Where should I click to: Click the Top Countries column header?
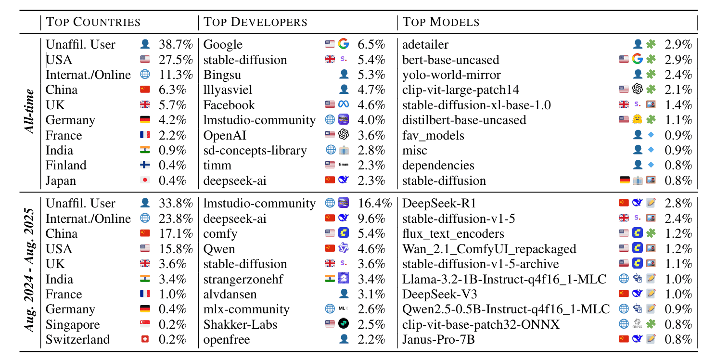pyautogui.click(x=93, y=22)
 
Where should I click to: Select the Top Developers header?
pyautogui.click(x=255, y=22)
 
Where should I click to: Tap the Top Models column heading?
pyautogui.click(x=441, y=22)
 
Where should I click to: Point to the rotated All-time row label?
pyautogui.click(x=30, y=112)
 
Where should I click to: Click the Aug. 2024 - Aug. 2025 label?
pyautogui.click(x=30, y=270)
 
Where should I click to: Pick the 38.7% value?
pyautogui.click(x=176, y=45)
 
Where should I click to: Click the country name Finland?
pyautogui.click(x=66, y=166)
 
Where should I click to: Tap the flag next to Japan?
pyautogui.click(x=145, y=180)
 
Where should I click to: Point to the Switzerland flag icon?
pyautogui.click(x=145, y=339)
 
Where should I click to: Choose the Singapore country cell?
pyautogui.click(x=73, y=324)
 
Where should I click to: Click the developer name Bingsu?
pyautogui.click(x=222, y=75)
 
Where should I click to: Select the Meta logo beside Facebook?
pyautogui.click(x=343, y=105)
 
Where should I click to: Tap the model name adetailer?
pyautogui.click(x=425, y=45)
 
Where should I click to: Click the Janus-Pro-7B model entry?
pyautogui.click(x=438, y=339)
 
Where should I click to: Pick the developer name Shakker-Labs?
pyautogui.click(x=241, y=324)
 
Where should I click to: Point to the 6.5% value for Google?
pyautogui.click(x=371, y=45)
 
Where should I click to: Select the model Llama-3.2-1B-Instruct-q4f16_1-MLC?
pyautogui.click(x=505, y=279)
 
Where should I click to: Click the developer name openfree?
pyautogui.click(x=227, y=339)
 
